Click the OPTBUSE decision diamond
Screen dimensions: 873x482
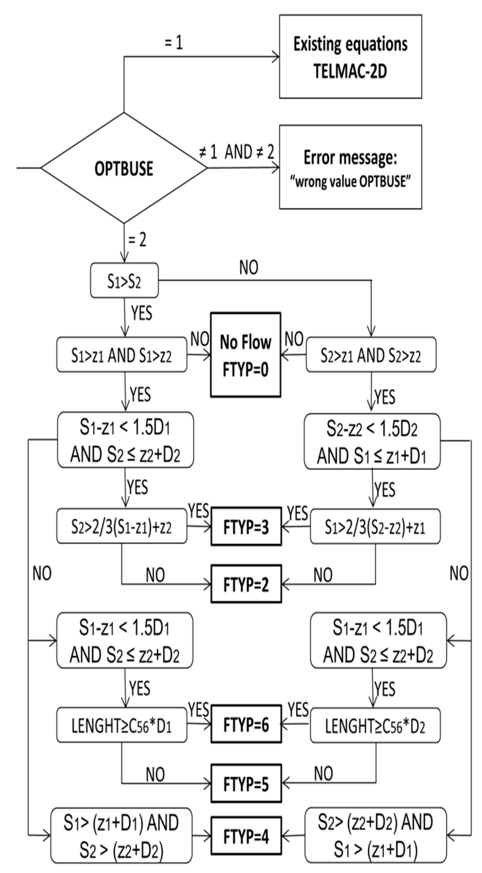tap(124, 168)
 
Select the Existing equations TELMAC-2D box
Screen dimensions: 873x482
tap(350, 57)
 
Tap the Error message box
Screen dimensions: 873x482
tap(350, 167)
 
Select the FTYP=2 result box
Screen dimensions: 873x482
tap(246, 584)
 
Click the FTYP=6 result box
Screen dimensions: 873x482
tap(246, 725)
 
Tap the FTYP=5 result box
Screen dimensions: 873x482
tap(246, 783)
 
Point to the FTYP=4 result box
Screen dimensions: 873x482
tap(246, 836)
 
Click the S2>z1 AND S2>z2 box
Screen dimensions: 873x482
tap(371, 355)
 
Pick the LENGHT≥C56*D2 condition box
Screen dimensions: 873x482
tap(375, 725)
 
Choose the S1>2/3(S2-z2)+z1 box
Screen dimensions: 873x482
tap(375, 527)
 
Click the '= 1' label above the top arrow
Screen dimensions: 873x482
tap(173, 43)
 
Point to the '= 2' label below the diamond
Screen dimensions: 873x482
tap(137, 240)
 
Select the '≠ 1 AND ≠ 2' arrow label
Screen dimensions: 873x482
tap(237, 152)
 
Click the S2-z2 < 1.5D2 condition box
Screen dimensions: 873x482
tap(372, 441)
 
